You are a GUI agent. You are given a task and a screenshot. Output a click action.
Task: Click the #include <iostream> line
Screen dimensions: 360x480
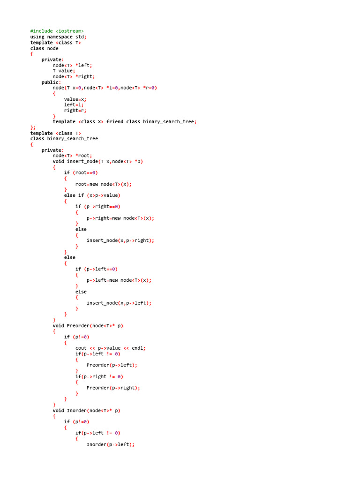click(x=57, y=31)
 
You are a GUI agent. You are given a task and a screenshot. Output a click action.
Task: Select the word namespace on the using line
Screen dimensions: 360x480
click(x=60, y=37)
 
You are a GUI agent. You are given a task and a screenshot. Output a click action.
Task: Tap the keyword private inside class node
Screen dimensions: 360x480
click(x=51, y=60)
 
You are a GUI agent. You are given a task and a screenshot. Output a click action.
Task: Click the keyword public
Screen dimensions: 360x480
click(x=50, y=82)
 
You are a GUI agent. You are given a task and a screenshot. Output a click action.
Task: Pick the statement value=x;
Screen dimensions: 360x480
click(x=75, y=99)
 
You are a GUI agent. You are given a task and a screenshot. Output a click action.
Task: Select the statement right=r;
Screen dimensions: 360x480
click(x=75, y=111)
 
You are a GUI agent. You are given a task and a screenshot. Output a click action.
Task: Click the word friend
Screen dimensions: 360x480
click(x=115, y=122)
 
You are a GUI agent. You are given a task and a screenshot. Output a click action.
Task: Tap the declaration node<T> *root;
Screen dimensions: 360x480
click(x=72, y=156)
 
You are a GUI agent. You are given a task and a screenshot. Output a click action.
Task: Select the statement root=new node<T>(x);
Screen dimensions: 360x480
click(x=104, y=184)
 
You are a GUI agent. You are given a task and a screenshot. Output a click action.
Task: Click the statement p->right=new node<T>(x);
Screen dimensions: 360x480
click(x=120, y=218)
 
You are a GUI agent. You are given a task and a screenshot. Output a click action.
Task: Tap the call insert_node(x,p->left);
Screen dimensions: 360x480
click(x=119, y=303)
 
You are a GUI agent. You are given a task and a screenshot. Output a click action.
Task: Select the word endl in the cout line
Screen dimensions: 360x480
click(x=137, y=348)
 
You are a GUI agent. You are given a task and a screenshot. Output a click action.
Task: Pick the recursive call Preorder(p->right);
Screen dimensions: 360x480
click(x=113, y=388)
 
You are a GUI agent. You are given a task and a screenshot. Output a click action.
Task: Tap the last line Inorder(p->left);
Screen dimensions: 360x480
click(x=111, y=444)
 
